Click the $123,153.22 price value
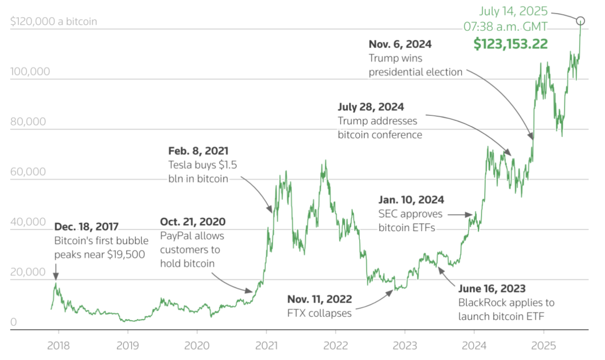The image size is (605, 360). click(510, 44)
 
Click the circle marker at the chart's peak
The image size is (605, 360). click(581, 21)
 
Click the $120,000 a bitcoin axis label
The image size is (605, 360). click(54, 22)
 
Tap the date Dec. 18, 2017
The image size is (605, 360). click(86, 226)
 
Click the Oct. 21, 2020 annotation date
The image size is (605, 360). click(193, 222)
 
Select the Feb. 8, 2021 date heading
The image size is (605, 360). click(198, 151)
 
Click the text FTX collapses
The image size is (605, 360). click(320, 313)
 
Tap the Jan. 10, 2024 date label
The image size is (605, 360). click(411, 200)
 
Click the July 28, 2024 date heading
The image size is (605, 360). click(371, 107)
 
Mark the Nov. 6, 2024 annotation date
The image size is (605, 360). click(400, 44)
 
